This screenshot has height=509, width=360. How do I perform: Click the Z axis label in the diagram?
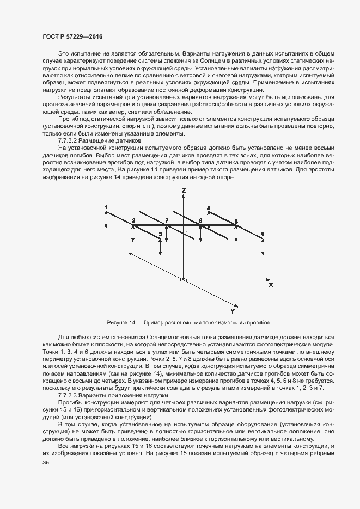click(x=184, y=191)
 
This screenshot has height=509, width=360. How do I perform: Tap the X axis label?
click(x=271, y=285)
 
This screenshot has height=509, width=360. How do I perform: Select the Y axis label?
click(x=233, y=311)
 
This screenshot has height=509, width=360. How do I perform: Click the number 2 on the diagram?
click(x=133, y=220)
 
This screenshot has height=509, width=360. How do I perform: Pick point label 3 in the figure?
click(x=160, y=234)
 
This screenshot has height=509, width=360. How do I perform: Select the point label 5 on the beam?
click(x=236, y=221)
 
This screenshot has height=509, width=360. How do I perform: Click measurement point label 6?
click(x=263, y=234)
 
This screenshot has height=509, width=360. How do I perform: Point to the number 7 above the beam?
click(x=167, y=220)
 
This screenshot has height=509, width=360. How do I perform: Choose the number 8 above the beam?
click(x=200, y=220)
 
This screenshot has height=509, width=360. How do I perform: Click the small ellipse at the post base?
click(x=184, y=280)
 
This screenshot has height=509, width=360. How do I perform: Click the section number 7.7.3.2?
click(x=70, y=140)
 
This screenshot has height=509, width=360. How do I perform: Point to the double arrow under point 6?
click(x=263, y=247)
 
